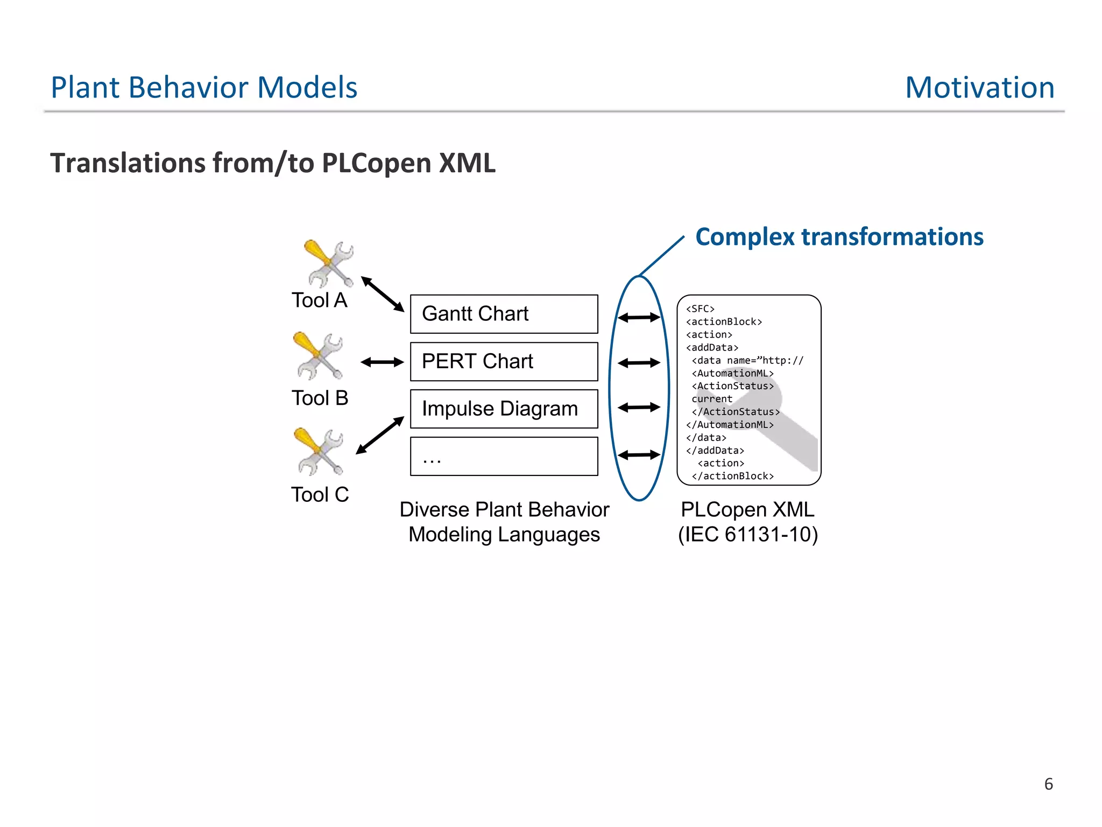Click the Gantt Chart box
point(504,314)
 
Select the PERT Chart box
point(504,361)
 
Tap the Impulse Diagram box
point(504,409)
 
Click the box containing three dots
point(504,456)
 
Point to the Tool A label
point(319,300)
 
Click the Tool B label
point(320,398)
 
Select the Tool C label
point(320,494)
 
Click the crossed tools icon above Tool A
point(329,264)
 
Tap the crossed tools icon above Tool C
point(319,451)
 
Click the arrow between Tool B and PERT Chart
point(382,362)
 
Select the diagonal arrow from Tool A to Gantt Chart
point(383,294)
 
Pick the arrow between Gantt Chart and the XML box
point(639,318)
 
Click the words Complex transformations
point(839,237)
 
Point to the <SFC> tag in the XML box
point(700,309)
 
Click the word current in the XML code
point(711,399)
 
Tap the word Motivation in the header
point(979,88)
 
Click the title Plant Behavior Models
point(204,88)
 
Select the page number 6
point(1048,784)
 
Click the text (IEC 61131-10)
point(747,535)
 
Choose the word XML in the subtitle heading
point(467,163)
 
